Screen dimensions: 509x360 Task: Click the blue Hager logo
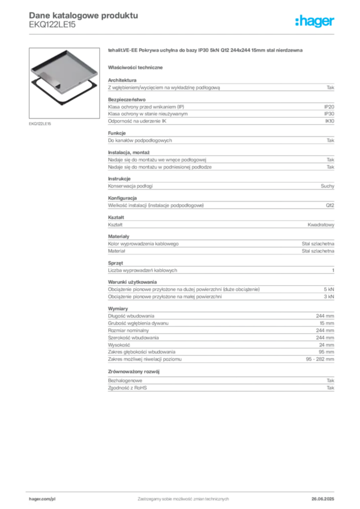coord(316,21)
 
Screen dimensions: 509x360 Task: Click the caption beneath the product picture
coord(40,123)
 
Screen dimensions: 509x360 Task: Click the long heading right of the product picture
coord(204,51)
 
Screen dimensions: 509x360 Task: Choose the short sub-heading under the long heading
coord(137,67)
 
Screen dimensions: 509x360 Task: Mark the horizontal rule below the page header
coord(182,33)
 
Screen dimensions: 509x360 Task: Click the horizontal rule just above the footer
coord(182,490)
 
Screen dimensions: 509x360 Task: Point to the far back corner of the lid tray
coord(67,50)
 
